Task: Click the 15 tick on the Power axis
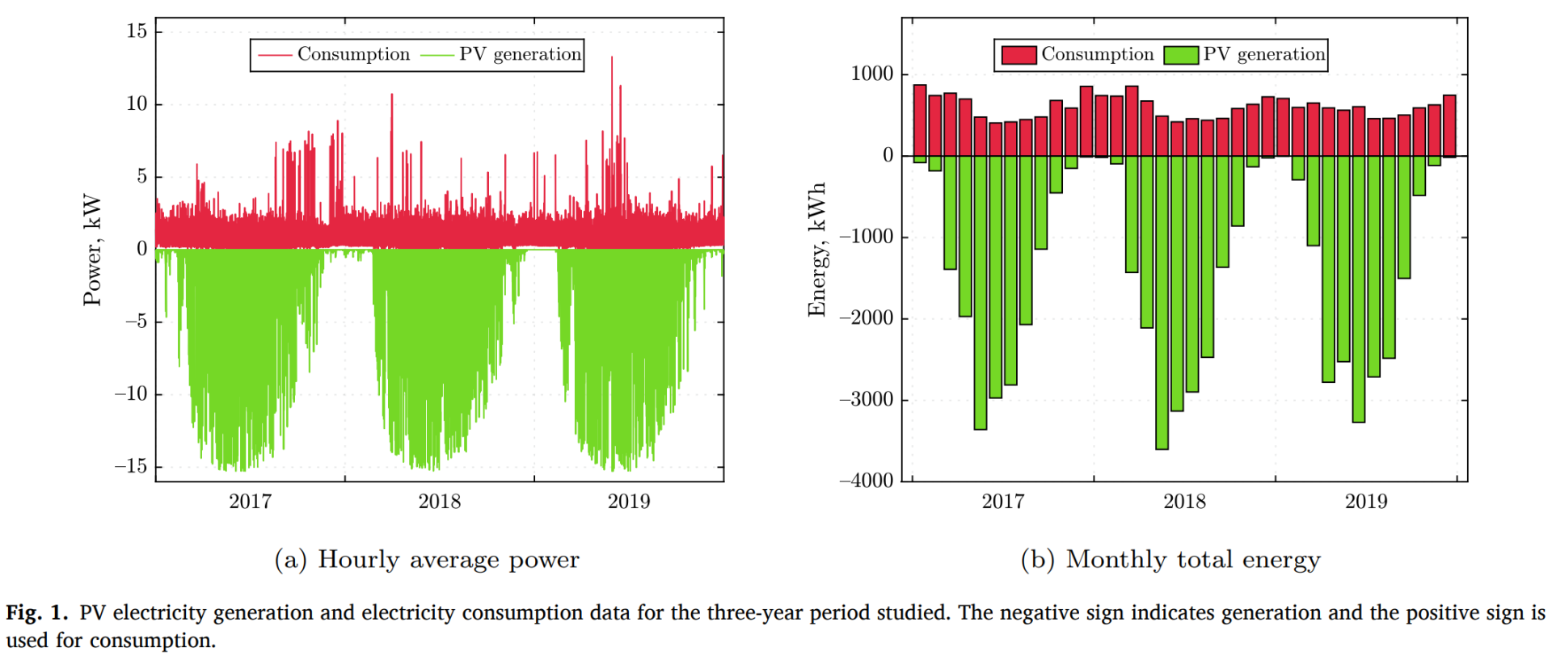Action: (x=137, y=32)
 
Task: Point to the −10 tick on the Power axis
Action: (x=131, y=394)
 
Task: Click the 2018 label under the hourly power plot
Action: (x=439, y=502)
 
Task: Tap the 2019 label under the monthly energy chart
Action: (x=1365, y=502)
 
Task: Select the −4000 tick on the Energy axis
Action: (x=867, y=481)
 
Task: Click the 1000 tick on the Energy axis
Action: (x=872, y=74)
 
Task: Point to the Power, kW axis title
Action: (x=93, y=250)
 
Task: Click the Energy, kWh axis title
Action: (x=817, y=250)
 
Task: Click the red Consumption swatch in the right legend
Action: (x=1018, y=55)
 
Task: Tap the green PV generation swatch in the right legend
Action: (x=1181, y=55)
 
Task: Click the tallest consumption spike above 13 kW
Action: (x=612, y=59)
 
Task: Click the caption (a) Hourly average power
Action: (x=427, y=560)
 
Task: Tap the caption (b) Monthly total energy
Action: (x=1170, y=560)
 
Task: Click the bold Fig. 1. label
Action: (x=37, y=613)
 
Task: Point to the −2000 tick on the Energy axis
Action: (x=867, y=318)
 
